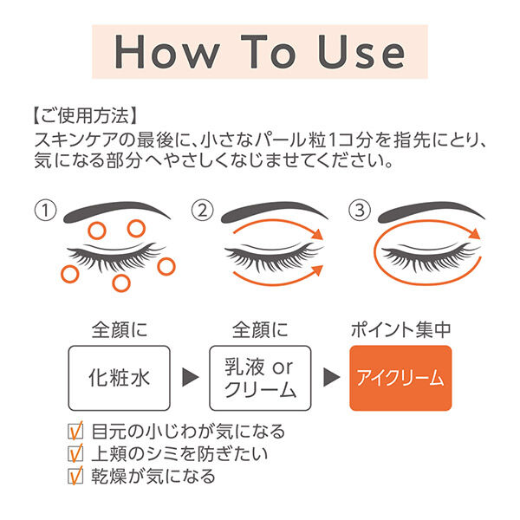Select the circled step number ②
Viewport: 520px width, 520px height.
click(201, 211)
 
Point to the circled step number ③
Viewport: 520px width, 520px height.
click(358, 211)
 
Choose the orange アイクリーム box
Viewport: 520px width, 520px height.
click(400, 378)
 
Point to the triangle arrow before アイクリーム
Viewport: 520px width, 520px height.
click(330, 379)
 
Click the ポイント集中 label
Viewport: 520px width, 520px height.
click(400, 331)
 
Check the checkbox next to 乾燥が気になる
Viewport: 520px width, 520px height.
click(75, 475)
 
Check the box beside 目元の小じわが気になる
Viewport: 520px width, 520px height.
click(75, 431)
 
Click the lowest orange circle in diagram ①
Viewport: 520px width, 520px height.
click(122, 283)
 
